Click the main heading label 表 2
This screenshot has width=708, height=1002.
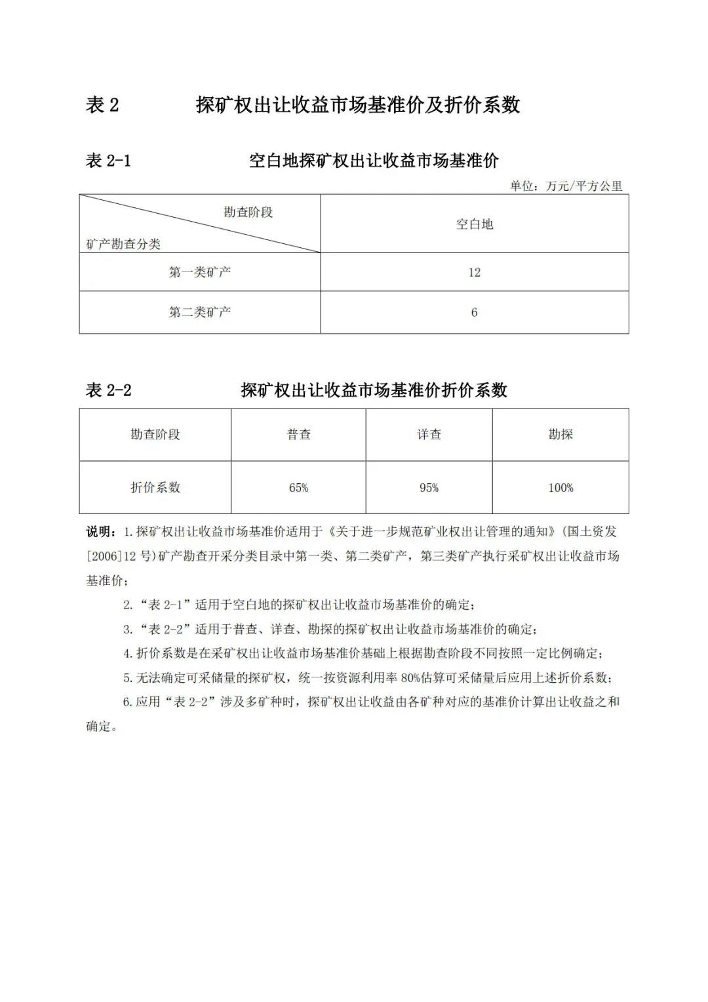coord(102,105)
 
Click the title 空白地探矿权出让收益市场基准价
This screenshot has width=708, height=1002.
coord(374,161)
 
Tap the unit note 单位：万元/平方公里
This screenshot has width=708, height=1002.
coord(566,186)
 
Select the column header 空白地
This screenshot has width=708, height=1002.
coord(474,224)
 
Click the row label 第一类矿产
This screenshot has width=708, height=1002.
coord(200,272)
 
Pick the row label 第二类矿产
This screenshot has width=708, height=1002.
coord(200,312)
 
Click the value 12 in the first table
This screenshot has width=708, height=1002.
coord(474,273)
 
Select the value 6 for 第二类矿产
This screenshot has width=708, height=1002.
coord(474,313)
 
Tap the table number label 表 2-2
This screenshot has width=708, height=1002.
coord(109,391)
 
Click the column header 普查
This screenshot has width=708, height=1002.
coord(299,434)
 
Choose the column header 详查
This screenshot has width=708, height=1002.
coord(429,434)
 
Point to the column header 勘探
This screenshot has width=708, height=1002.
coord(560,434)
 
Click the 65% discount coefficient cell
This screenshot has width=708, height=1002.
coord(299,488)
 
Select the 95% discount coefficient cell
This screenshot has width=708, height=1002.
coord(429,488)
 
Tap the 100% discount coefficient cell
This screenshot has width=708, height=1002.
coord(560,488)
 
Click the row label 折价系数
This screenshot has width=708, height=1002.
coord(155,487)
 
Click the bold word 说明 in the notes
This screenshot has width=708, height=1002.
coord(100,531)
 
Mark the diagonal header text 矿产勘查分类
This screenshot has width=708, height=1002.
coord(123,245)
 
